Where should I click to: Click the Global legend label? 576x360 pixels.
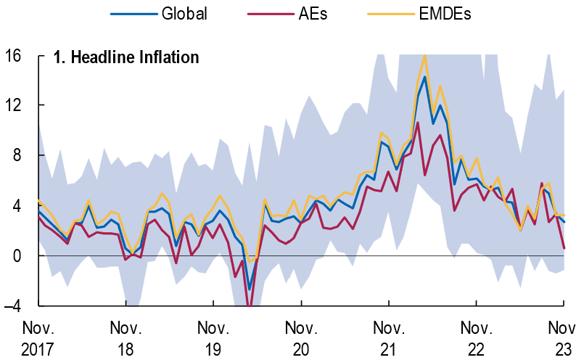tap(184, 14)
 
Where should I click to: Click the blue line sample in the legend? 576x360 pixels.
tap(133, 14)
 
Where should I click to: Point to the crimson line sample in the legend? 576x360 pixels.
tap(268, 14)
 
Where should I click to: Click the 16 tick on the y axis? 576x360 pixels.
tap(14, 56)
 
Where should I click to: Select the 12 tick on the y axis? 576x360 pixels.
tap(14, 106)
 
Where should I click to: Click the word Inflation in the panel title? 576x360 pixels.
tap(165, 57)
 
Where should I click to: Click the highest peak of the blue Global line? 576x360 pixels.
tap(424, 77)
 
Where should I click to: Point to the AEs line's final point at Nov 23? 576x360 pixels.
tap(564, 248)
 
